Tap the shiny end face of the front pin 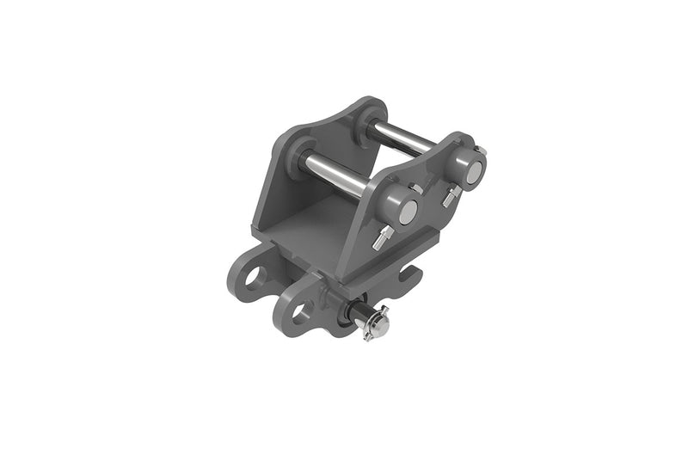[408, 210]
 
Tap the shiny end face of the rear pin [472, 172]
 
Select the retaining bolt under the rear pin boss [448, 199]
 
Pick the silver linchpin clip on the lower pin [377, 325]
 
